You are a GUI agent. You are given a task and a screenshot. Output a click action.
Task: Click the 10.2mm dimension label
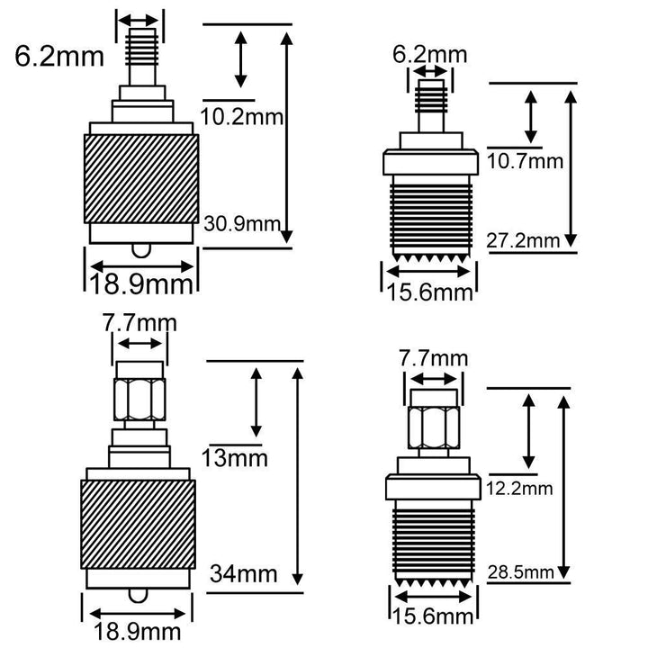pyautogui.click(x=242, y=117)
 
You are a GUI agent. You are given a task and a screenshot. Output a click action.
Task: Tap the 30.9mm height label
pyautogui.click(x=243, y=224)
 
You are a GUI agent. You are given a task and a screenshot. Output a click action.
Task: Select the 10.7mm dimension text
pyautogui.click(x=526, y=161)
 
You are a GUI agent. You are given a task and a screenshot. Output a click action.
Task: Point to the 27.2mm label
pyautogui.click(x=523, y=240)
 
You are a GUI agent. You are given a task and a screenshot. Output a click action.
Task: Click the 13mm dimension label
pyautogui.click(x=235, y=458)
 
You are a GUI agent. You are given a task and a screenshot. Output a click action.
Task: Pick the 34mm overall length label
pyautogui.click(x=243, y=573)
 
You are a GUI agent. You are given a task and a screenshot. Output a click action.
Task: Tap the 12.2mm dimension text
pyautogui.click(x=519, y=489)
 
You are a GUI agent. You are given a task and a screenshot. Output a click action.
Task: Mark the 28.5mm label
pyautogui.click(x=521, y=572)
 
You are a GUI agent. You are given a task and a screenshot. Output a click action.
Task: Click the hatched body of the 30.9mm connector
pyautogui.click(x=141, y=179)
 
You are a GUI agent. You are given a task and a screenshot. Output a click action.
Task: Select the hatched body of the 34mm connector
pyautogui.click(x=138, y=525)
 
